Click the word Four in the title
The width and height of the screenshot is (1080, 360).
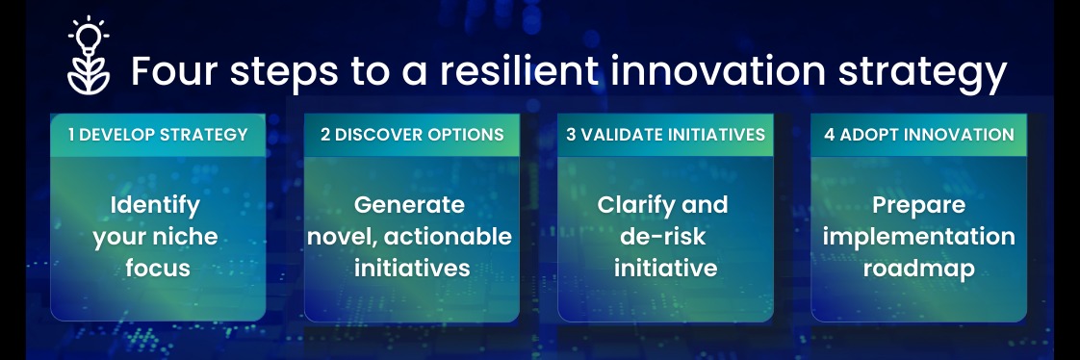(174, 71)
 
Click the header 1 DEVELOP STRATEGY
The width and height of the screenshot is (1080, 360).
(158, 134)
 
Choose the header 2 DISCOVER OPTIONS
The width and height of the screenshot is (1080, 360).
(412, 134)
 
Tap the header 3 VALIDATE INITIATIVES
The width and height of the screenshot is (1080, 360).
(665, 134)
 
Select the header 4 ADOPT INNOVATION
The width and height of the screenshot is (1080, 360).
(919, 134)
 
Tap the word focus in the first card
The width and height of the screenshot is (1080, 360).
(158, 268)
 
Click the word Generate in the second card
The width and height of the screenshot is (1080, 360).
(409, 205)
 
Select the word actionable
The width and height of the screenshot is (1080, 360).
(448, 237)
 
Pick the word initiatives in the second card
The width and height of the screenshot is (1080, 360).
(412, 268)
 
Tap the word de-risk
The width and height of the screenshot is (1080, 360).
(662, 237)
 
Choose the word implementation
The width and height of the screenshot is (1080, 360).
(919, 238)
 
